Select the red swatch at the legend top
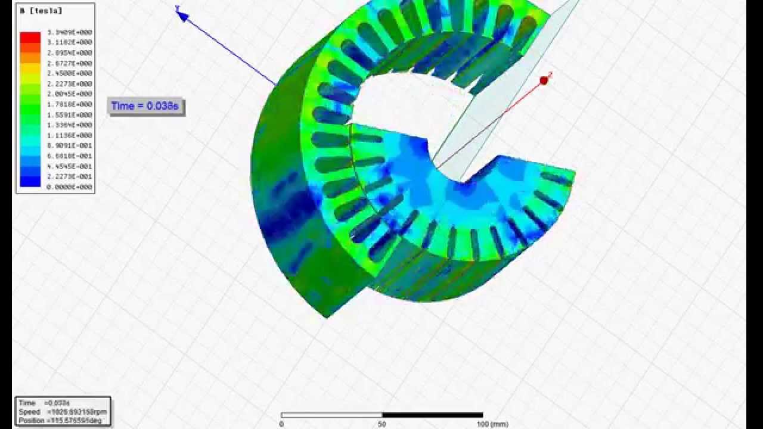point(30,37)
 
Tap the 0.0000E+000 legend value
point(69,187)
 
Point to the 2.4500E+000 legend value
point(69,73)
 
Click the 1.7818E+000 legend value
point(69,104)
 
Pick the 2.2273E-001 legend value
point(69,177)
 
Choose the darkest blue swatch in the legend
point(30,182)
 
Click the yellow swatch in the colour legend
point(30,73)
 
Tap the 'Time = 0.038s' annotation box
point(145,106)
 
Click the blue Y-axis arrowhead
point(182,15)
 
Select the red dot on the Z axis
point(544,80)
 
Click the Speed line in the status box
point(63,412)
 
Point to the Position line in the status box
point(63,420)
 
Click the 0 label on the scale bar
point(281,424)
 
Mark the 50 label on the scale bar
point(382,424)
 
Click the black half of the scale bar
point(432,415)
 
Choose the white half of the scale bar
point(331,415)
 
